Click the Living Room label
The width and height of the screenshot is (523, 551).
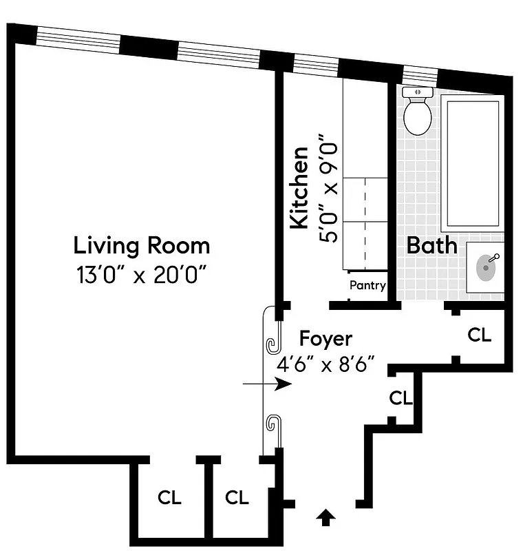142,245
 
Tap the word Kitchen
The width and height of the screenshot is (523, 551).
299,187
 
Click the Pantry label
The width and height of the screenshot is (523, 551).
367,285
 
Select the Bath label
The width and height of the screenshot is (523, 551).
431,245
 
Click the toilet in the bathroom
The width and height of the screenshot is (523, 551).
417,113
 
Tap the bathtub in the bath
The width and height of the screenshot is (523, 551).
471,165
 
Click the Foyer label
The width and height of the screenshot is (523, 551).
325,339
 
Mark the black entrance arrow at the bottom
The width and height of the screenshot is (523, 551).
327,517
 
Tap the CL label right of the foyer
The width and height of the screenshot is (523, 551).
480,335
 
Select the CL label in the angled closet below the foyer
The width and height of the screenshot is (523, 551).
401,398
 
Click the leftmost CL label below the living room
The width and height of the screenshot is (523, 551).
169,498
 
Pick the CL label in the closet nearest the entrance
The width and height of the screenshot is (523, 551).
237,498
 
